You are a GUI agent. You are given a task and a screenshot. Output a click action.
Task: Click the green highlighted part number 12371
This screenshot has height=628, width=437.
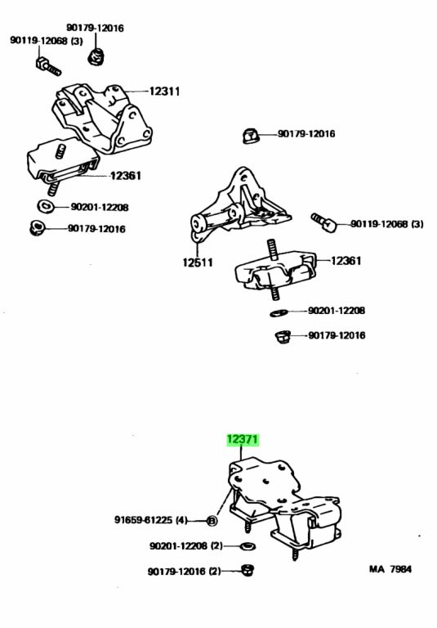coord(243,440)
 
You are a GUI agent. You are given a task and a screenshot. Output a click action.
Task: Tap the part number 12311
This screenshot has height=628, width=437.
coord(164,92)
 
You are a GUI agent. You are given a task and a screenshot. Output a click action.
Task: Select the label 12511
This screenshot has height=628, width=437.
coord(198,262)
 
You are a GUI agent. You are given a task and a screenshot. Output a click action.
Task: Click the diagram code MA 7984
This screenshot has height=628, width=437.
coord(390,569)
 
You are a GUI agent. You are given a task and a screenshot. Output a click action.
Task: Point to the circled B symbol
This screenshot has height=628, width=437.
coord(212,521)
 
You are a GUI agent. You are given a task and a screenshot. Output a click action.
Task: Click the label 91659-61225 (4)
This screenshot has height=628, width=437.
coord(151,520)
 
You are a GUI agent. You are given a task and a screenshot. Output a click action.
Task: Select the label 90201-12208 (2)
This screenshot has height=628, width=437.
coord(186,545)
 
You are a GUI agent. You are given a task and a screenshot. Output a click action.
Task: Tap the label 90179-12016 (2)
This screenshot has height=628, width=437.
coord(185,571)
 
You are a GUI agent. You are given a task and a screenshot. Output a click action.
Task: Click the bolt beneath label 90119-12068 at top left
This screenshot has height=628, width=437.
coord(48,67)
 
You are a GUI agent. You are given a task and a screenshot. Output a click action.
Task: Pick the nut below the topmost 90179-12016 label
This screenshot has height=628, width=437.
coord(96,56)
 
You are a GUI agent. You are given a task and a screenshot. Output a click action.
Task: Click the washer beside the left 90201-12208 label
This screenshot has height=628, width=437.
coord(46,206)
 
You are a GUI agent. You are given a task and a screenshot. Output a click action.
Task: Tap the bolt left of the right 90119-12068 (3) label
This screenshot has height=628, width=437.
coord(324,222)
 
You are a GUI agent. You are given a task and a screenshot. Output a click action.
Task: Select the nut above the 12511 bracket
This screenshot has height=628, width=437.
coord(250,136)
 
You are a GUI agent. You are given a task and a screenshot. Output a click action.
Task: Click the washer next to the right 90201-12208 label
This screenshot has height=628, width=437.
coord(279,312)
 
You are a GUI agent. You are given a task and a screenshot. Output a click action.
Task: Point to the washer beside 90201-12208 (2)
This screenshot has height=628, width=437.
coord(248,546)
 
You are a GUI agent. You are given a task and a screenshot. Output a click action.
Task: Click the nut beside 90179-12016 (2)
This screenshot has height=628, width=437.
coord(248,570)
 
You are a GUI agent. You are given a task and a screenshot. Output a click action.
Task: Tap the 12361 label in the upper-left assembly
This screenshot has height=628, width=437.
coord(126,176)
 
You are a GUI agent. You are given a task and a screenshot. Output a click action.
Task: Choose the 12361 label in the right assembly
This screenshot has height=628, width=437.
coord(346,261)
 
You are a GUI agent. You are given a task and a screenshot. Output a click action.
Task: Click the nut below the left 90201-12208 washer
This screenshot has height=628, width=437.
coord(38,228)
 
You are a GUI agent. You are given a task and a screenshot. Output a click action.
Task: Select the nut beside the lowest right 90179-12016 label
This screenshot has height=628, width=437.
coord(283,337)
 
